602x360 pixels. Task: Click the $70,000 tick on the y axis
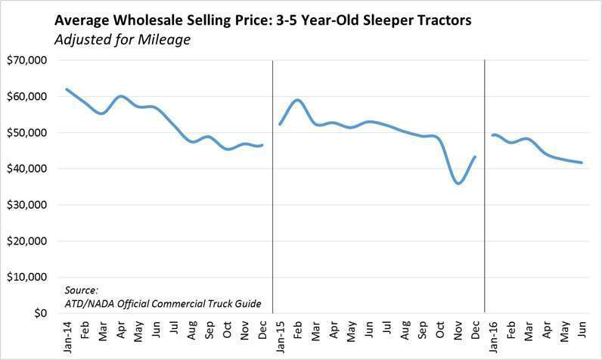(x=27, y=61)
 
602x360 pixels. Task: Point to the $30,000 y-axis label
(x=27, y=205)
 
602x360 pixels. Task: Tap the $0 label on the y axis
(x=38, y=313)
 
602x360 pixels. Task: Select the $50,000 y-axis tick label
(x=27, y=133)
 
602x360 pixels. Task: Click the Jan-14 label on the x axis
(x=67, y=334)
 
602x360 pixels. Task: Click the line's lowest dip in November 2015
(x=458, y=183)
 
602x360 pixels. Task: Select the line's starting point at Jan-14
(x=67, y=89)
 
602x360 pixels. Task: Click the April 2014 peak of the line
(x=121, y=96)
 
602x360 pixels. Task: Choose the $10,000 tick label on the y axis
(x=27, y=278)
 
